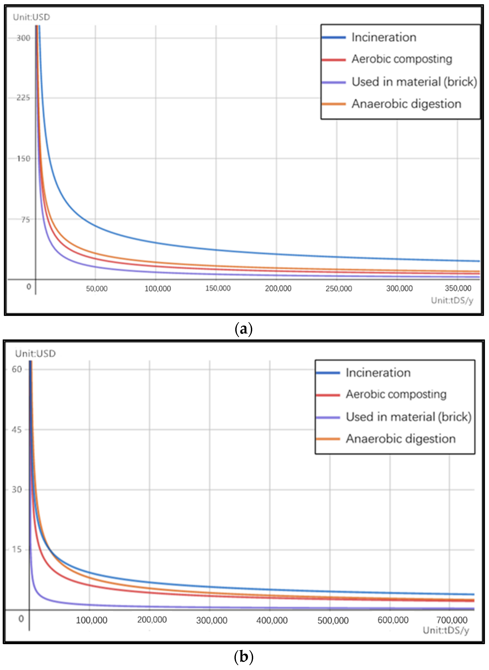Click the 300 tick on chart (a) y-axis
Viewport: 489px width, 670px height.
pyautogui.click(x=23, y=38)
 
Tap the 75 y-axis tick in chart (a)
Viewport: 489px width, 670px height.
pyautogui.click(x=25, y=219)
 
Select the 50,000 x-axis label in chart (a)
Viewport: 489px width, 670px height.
pyautogui.click(x=96, y=289)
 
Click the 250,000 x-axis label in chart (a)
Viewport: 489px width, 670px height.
pyautogui.click(x=339, y=289)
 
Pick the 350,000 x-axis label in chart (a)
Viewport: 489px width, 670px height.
pyautogui.click(x=458, y=288)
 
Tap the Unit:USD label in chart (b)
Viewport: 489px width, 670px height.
pyautogui.click(x=35, y=354)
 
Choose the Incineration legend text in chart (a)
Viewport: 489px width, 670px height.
pyautogui.click(x=384, y=37)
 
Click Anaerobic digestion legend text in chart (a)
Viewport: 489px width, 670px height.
pyautogui.click(x=406, y=104)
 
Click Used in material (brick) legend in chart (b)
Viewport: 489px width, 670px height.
pyautogui.click(x=408, y=417)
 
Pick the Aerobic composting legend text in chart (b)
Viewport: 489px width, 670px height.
pyautogui.click(x=396, y=394)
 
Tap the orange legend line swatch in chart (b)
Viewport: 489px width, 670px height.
pyautogui.click(x=328, y=439)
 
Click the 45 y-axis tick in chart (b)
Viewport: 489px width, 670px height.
pyautogui.click(x=17, y=429)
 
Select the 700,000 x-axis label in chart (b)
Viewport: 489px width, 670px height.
pyautogui.click(x=452, y=620)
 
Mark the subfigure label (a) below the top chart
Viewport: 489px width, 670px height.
pyautogui.click(x=243, y=329)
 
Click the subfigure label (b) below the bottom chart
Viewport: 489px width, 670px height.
pyautogui.click(x=243, y=657)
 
